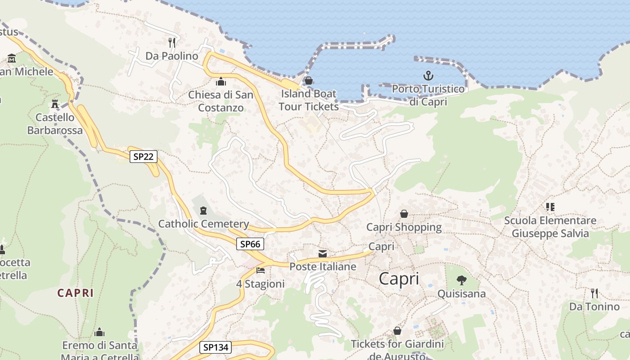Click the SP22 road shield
pos(144,157)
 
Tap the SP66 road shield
pos(250,244)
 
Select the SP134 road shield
pos(216,347)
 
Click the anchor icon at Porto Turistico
pos(428,76)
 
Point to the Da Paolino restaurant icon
pos(171,42)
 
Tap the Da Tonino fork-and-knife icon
pos(594,293)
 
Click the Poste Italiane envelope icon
pos(323,254)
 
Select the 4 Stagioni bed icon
pos(260,270)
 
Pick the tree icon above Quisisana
pos(461,280)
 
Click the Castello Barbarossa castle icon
pos(55,104)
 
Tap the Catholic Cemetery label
pos(203,224)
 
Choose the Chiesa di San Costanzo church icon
pos(220,81)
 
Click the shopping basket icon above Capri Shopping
pos(404,214)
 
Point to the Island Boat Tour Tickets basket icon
pos(308,81)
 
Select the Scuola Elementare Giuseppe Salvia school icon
pos(550,207)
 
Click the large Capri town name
pos(399,279)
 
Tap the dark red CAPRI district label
pos(76,293)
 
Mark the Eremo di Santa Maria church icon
pos(99,333)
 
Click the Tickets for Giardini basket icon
pos(397,331)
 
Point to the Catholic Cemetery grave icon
pos(203,210)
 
